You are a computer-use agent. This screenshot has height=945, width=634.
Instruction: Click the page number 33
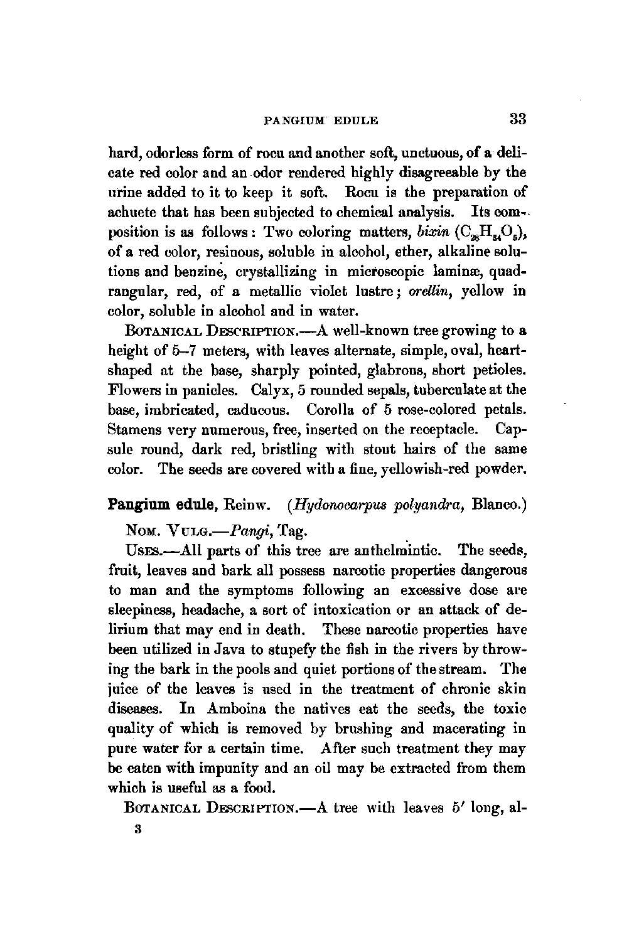(x=517, y=119)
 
